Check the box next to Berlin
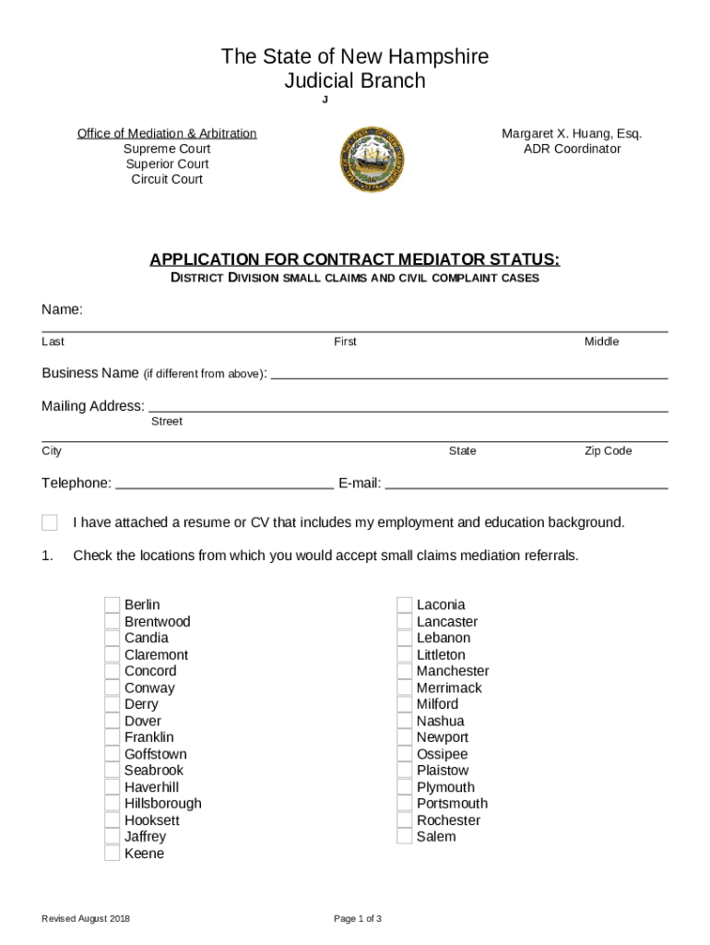pyautogui.click(x=112, y=605)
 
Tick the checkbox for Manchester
pyautogui.click(x=404, y=672)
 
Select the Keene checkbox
pyautogui.click(x=112, y=854)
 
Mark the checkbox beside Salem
pyautogui.click(x=404, y=837)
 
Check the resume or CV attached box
pyautogui.click(x=50, y=523)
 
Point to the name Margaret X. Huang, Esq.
pyautogui.click(x=572, y=134)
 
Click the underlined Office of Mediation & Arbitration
pyautogui.click(x=167, y=134)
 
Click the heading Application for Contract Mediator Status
pyautogui.click(x=355, y=259)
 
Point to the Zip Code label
pyautogui.click(x=609, y=451)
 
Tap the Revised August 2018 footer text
pyautogui.click(x=86, y=919)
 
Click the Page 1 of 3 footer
pyautogui.click(x=358, y=919)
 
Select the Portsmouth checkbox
pyautogui.click(x=404, y=804)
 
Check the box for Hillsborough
pyautogui.click(x=112, y=804)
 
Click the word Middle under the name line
pyautogui.click(x=601, y=342)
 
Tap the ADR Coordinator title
pyautogui.click(x=572, y=150)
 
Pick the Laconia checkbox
pyautogui.click(x=404, y=605)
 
